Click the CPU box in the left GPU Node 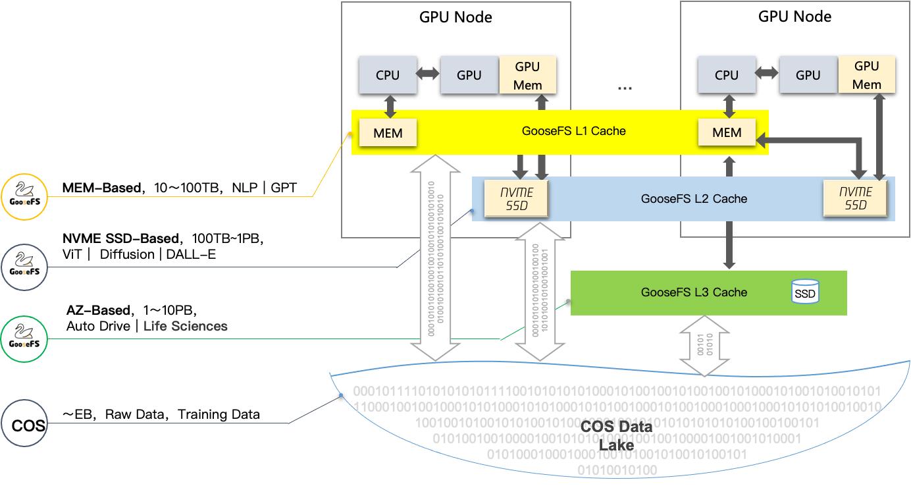388,75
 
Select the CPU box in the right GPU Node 727,75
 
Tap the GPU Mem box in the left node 528,75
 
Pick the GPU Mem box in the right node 867,75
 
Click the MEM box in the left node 388,132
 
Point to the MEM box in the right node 727,132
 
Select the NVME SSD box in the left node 517,198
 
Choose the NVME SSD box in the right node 856,198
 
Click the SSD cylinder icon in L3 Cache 804,292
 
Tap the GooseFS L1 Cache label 573,131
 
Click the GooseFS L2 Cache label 694,198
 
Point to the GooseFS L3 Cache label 694,292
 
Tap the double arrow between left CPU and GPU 429,75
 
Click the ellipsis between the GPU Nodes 625,86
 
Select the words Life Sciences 185,326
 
